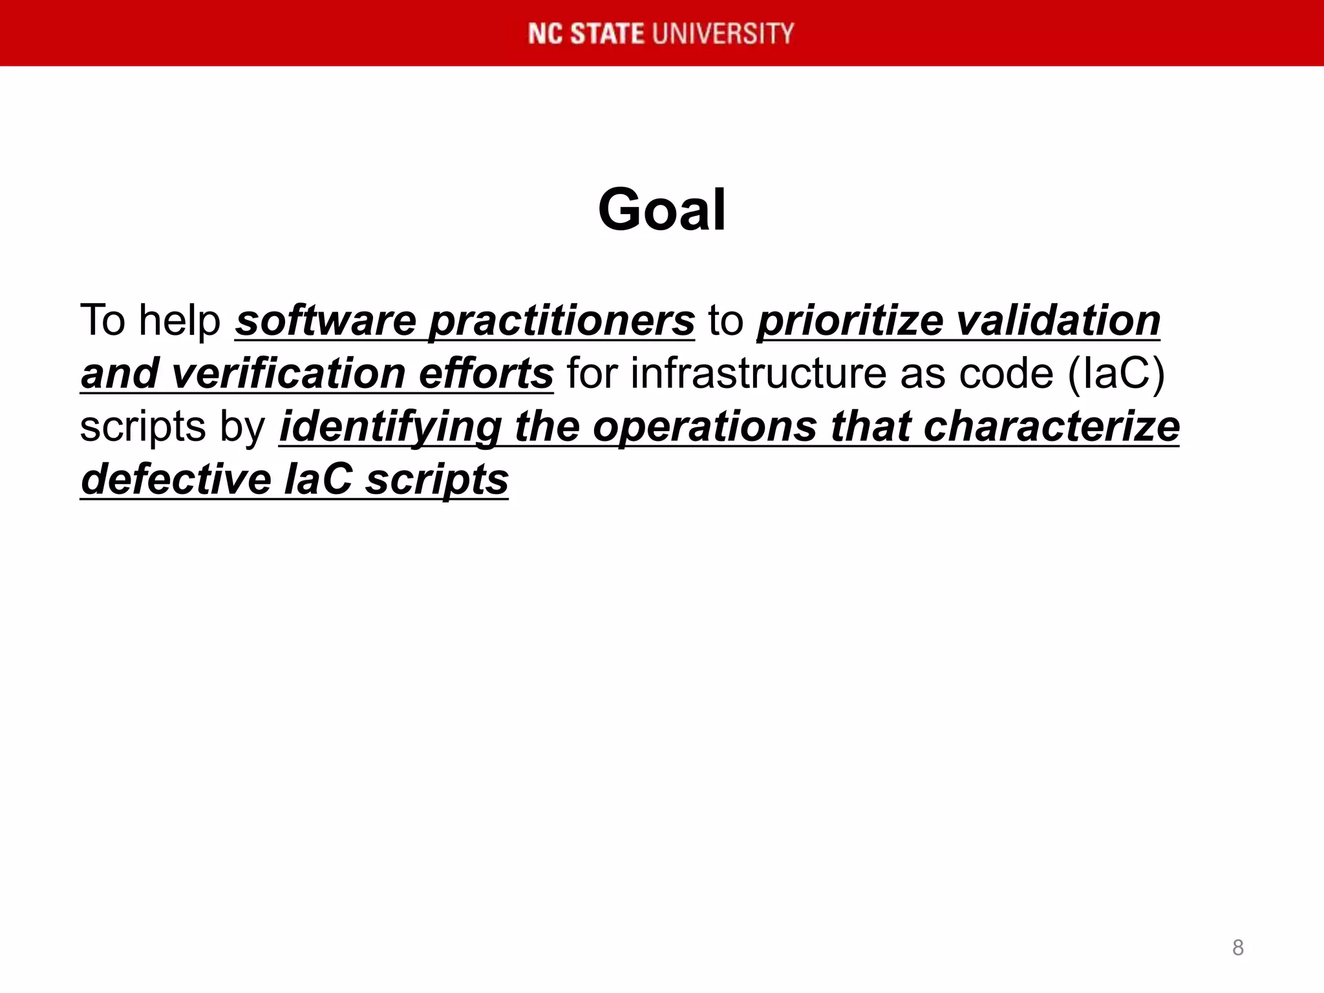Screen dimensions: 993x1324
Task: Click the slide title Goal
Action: [x=662, y=209]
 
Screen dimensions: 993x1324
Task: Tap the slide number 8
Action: [x=1237, y=948]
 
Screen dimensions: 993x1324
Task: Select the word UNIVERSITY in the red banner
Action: [x=723, y=34]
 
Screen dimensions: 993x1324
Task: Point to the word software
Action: [x=326, y=321]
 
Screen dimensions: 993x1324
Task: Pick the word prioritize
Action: [x=851, y=321]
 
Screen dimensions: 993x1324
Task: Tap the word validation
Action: [x=1058, y=321]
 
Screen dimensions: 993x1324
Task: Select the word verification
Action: [x=289, y=374]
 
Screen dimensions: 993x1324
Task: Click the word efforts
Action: [x=486, y=374]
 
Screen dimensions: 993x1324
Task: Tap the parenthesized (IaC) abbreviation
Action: [x=1116, y=374]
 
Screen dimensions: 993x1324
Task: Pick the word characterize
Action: [x=1052, y=427]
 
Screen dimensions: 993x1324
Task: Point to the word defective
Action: [x=176, y=480]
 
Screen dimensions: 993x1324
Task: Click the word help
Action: [x=180, y=321]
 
